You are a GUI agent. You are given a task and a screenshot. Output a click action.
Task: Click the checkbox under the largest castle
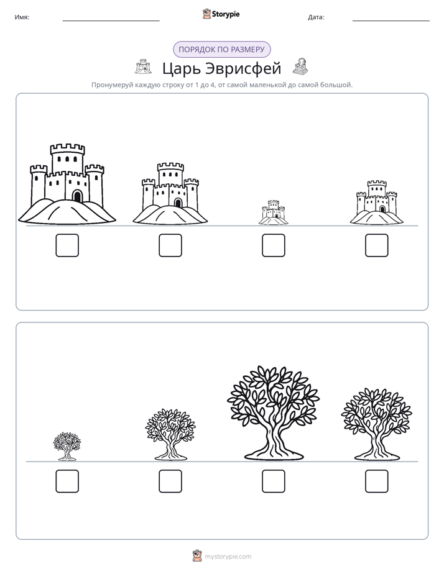[67, 245]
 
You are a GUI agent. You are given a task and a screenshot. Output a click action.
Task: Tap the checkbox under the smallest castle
[273, 245]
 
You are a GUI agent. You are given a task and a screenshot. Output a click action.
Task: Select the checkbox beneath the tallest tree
[273, 481]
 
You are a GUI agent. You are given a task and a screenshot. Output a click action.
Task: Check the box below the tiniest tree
[67, 481]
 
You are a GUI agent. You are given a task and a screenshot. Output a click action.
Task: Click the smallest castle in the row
[273, 212]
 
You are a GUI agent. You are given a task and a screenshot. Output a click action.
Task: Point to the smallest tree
[67, 446]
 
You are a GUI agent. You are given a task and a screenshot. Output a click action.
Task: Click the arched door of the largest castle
[77, 196]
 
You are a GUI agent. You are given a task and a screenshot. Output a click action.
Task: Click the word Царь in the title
[180, 68]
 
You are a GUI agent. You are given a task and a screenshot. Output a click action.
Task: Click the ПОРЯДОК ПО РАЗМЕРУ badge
[221, 50]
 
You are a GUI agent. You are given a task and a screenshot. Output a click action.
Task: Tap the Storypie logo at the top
[221, 14]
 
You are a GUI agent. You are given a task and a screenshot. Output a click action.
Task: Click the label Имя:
[22, 17]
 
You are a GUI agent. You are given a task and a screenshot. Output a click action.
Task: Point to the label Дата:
[316, 17]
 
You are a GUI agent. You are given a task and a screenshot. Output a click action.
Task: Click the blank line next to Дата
[391, 20]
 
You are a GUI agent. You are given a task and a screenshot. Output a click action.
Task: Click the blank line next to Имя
[111, 20]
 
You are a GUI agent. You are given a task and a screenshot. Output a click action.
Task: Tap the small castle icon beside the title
[143, 66]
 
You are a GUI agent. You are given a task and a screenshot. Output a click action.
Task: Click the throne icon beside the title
[301, 66]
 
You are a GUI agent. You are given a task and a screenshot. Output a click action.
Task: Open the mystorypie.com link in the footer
[228, 557]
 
